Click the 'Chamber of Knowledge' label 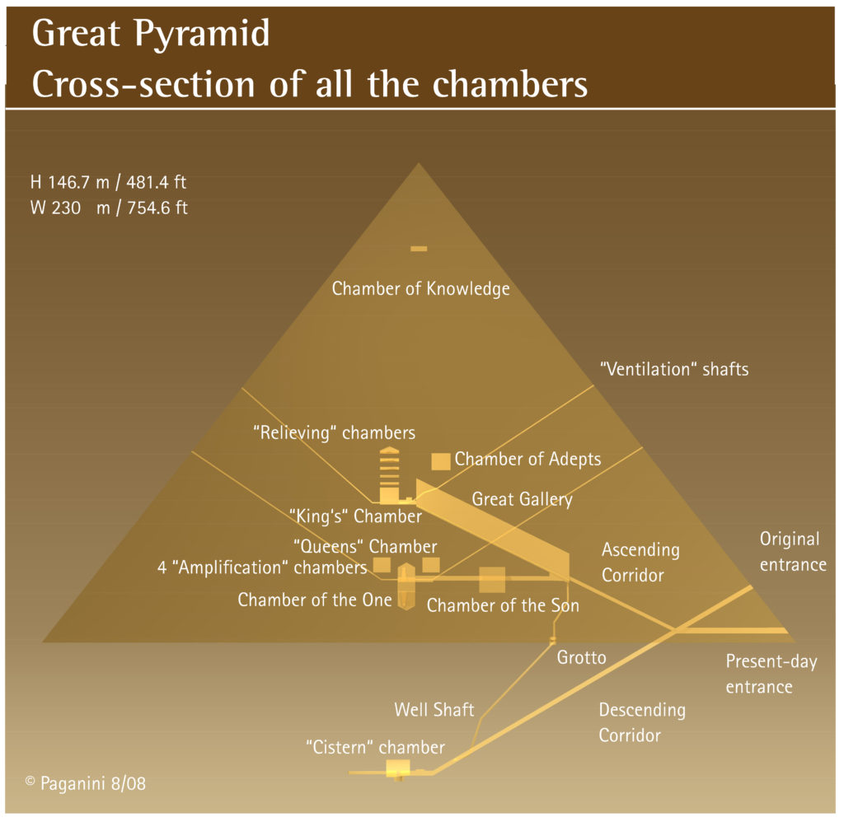[x=420, y=289]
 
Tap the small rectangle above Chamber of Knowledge [x=419, y=248]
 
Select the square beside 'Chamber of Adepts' [x=441, y=460]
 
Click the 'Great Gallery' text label [x=522, y=499]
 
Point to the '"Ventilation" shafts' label [x=674, y=369]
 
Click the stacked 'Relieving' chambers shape [x=388, y=474]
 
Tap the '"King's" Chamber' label [x=355, y=516]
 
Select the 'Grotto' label [x=581, y=657]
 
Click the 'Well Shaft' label [x=434, y=709]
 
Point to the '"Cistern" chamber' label [x=375, y=748]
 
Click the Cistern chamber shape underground [x=397, y=768]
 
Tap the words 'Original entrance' [x=792, y=552]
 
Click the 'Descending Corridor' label [x=641, y=722]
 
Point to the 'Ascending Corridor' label [x=640, y=562]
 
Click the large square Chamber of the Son [x=492, y=579]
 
